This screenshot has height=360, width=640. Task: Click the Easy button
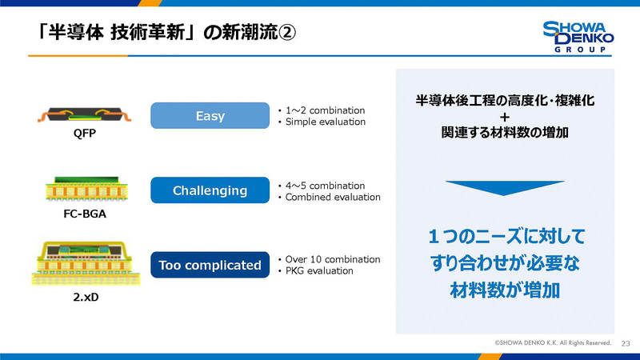pyautogui.click(x=210, y=117)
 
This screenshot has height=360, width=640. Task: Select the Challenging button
pyautogui.click(x=210, y=190)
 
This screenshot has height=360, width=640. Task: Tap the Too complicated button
pyautogui.click(x=210, y=265)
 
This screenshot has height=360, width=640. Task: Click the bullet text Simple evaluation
pyautogui.click(x=326, y=122)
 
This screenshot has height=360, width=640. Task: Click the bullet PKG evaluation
pyautogui.click(x=320, y=271)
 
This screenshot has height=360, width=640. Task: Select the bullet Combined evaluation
pyautogui.click(x=332, y=198)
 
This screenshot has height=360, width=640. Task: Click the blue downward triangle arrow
pyautogui.click(x=504, y=188)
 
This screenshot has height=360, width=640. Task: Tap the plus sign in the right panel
pyautogui.click(x=505, y=117)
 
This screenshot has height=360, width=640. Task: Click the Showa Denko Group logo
pyautogui.click(x=578, y=37)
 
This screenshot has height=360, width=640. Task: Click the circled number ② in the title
pyautogui.click(x=288, y=34)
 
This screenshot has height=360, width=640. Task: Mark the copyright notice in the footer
pyautogui.click(x=552, y=342)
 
